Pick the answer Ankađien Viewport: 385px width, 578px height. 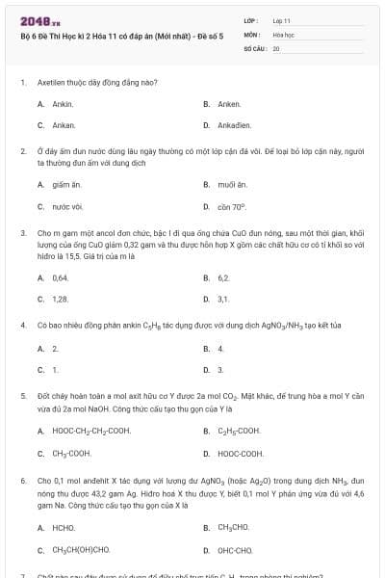pyautogui.click(x=234, y=125)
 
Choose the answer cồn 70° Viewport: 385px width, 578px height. pyautogui.click(x=232, y=206)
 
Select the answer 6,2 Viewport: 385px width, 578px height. pyautogui.click(x=223, y=276)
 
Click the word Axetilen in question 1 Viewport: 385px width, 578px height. pyautogui.click(x=53, y=83)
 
